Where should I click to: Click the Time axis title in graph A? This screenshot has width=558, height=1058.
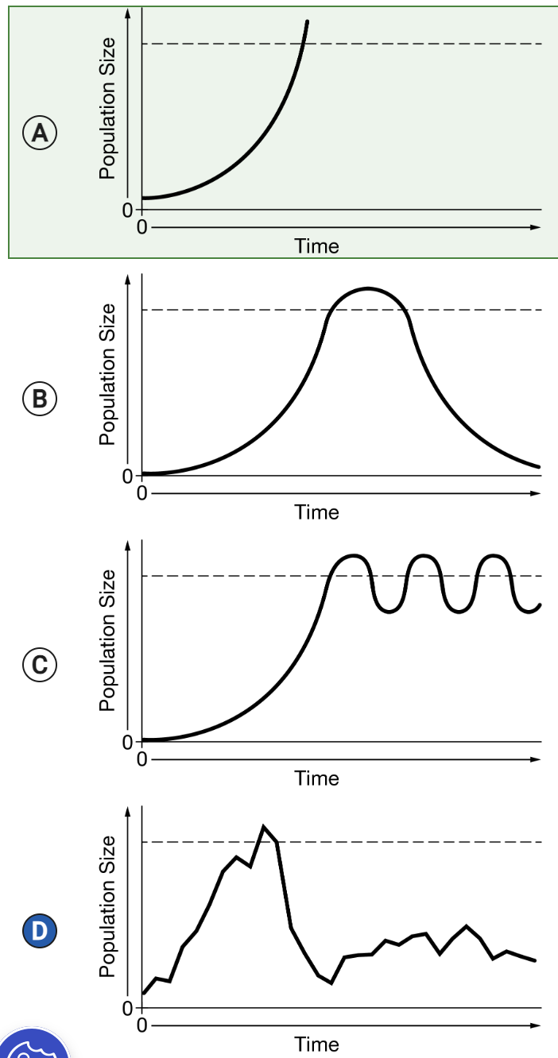click(316, 246)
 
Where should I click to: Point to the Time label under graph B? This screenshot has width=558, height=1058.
click(316, 512)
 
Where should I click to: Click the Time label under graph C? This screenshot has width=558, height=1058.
click(316, 778)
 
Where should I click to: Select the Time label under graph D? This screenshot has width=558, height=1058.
click(316, 1044)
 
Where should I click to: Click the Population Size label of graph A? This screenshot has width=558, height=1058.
click(107, 108)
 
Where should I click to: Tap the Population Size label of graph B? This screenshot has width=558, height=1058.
click(107, 374)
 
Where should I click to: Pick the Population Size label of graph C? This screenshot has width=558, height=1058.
click(107, 640)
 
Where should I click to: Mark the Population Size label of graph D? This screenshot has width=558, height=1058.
click(107, 906)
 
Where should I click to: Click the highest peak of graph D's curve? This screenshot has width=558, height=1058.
click(263, 827)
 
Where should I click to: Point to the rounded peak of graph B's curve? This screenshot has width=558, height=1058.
click(367, 288)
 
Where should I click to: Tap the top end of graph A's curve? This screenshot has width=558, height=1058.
click(307, 21)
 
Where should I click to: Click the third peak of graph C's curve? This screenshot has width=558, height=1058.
click(494, 555)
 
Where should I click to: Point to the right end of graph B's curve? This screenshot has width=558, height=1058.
click(538, 466)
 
